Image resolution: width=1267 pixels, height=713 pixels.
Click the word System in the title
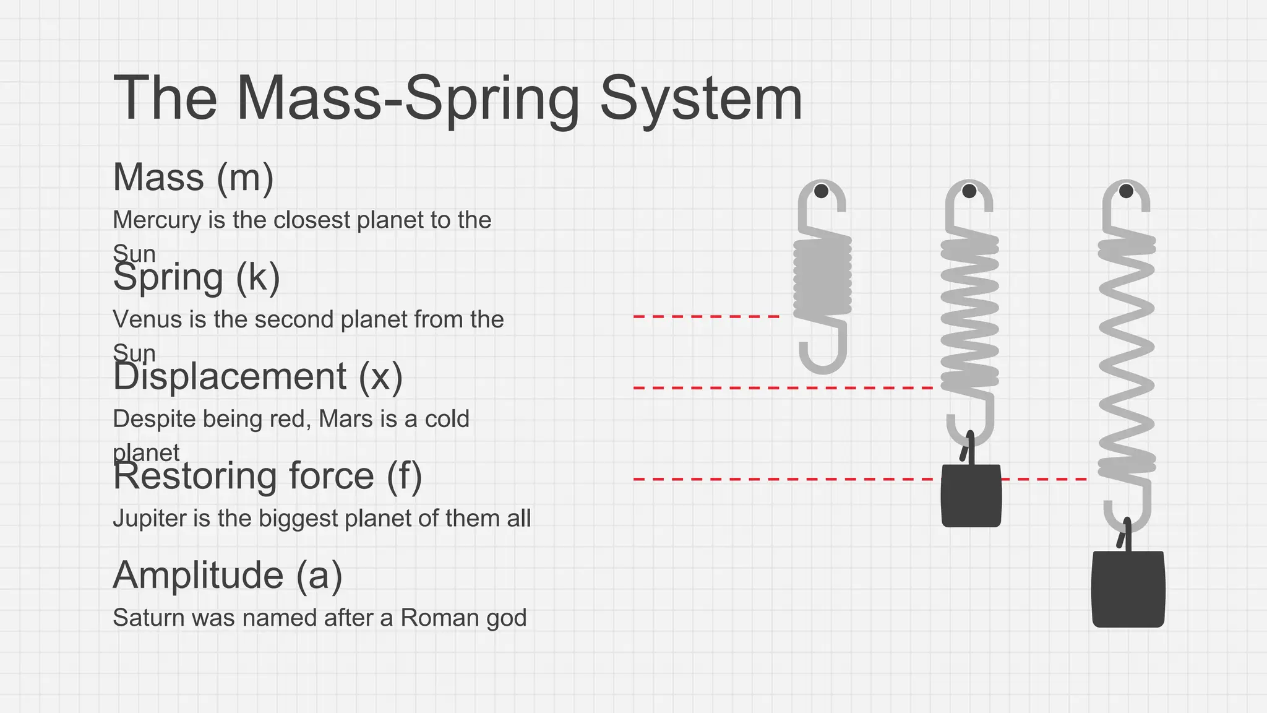coord(701,99)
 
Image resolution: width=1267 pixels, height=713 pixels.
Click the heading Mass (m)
coord(193,178)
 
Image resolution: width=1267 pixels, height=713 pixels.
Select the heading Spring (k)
coord(196,277)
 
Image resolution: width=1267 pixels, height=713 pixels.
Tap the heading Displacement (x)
coord(257,376)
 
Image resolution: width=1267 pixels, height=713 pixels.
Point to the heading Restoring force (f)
coord(267,476)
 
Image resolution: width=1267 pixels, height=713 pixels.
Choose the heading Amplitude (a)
coord(227,575)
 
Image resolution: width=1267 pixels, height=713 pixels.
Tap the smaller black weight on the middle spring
coord(971,496)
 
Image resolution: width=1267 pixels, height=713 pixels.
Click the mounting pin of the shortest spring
coord(821,191)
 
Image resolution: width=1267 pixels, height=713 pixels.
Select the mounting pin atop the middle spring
coord(969,191)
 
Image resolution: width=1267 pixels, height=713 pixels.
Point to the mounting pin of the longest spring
coord(1126,191)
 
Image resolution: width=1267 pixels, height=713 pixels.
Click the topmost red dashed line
coord(706,316)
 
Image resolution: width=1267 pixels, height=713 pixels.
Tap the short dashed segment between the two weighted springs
coord(1044,479)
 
